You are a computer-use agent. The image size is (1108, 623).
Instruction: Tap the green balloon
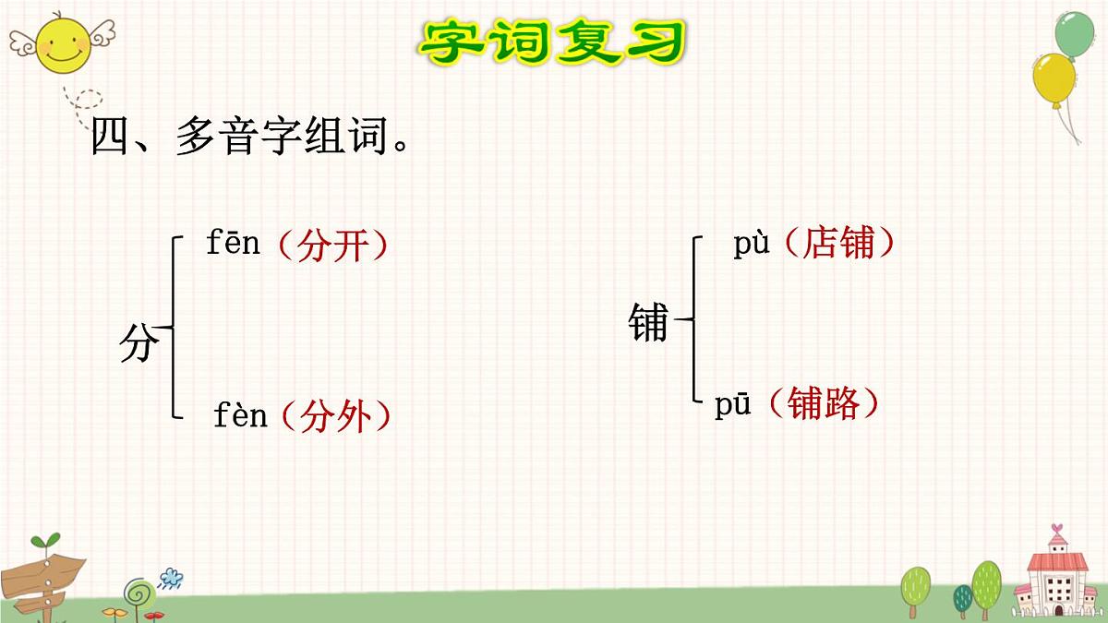pos(1074,34)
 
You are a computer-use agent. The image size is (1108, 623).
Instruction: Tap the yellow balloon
pos(1054,78)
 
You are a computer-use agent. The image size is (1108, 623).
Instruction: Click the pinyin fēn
pos(233,245)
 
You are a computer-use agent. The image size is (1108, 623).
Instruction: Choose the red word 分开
pos(333,246)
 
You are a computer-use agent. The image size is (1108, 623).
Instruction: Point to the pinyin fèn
pos(240,416)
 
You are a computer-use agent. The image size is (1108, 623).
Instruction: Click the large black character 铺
pos(648,323)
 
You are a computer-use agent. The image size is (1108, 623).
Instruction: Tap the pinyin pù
pos(752,246)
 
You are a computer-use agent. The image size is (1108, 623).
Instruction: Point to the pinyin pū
pos(733,406)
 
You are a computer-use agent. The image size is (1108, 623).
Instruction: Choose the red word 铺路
pos(824,403)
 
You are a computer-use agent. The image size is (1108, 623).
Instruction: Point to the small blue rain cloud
pos(171,579)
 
